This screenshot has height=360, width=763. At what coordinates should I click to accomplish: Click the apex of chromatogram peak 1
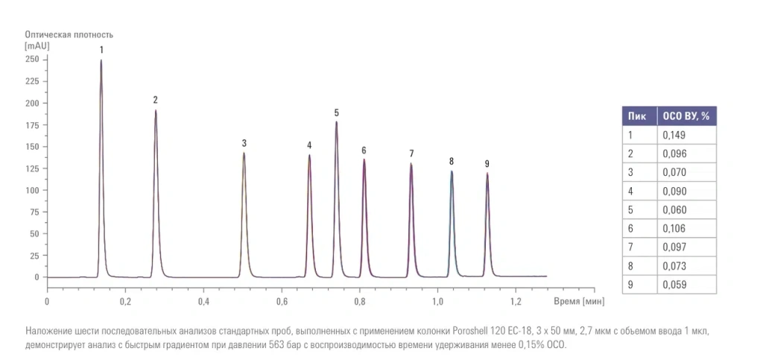101,61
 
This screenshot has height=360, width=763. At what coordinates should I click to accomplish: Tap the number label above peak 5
337,113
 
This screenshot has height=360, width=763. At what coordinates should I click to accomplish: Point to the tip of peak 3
244,154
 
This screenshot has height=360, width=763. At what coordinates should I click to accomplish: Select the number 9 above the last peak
487,164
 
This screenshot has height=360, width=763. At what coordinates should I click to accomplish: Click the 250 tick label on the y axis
32,59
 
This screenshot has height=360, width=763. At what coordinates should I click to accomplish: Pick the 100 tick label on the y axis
32,190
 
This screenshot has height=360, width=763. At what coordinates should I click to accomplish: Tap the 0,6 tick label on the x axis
282,302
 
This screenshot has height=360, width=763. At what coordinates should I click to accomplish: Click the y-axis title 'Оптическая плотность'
69,34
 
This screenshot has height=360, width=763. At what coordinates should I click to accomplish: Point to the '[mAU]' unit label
37,45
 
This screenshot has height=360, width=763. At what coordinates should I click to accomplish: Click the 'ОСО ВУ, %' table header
686,116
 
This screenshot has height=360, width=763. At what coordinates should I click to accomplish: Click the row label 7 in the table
630,247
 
